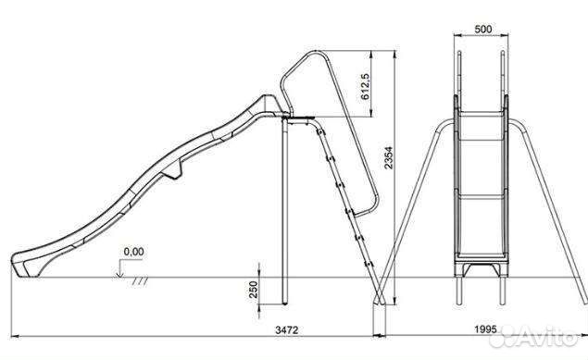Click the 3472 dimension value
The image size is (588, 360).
point(287,329)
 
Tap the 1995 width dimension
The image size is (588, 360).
point(485,329)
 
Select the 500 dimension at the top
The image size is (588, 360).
point(483,29)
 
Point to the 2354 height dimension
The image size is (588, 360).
point(389,157)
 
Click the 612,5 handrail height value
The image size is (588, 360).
point(365,86)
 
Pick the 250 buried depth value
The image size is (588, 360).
point(254,289)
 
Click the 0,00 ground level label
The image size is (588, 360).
point(133,252)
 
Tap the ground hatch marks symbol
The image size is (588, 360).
point(140,281)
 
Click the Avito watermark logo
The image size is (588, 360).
point(534,335)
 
